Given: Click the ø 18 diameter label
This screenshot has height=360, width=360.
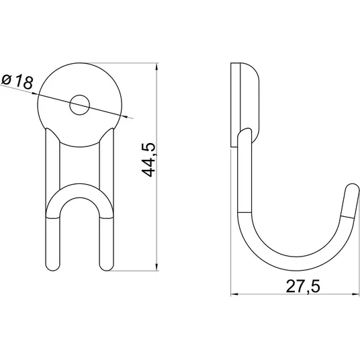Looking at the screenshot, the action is [17, 81].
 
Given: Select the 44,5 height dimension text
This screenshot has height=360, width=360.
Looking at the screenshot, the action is [148, 160].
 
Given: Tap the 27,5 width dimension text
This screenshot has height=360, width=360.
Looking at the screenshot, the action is [303, 286].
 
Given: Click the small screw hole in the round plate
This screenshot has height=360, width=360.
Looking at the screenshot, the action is [79, 105].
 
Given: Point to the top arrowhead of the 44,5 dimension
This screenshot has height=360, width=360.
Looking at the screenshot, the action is [156, 66].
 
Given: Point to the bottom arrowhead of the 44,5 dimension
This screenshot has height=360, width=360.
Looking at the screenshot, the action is [156, 267].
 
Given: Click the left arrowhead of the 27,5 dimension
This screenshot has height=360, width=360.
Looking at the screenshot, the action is [234, 294].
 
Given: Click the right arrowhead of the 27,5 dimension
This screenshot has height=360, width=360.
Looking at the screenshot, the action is [355, 294].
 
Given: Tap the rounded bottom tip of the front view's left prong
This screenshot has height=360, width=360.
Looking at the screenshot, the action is [53, 268].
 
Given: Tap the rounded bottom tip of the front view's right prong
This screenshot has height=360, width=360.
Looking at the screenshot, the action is [107, 268].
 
